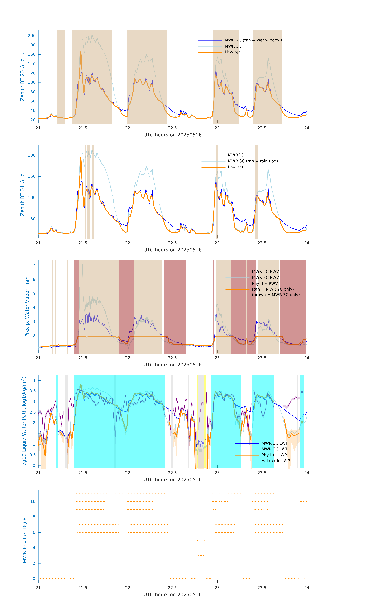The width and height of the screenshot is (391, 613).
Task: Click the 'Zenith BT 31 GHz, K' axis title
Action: [x=22, y=191]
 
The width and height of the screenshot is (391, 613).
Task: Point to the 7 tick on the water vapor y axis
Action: [x=34, y=266]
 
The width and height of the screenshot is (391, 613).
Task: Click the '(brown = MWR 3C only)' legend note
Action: [x=276, y=295]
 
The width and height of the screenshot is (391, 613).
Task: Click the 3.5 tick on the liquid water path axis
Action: [x=33, y=391]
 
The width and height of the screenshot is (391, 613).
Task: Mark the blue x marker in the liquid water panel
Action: [x=302, y=392]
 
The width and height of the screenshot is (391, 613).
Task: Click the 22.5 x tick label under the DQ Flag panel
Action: [x=172, y=588]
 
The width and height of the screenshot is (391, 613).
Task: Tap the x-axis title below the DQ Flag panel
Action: [x=172, y=595]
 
